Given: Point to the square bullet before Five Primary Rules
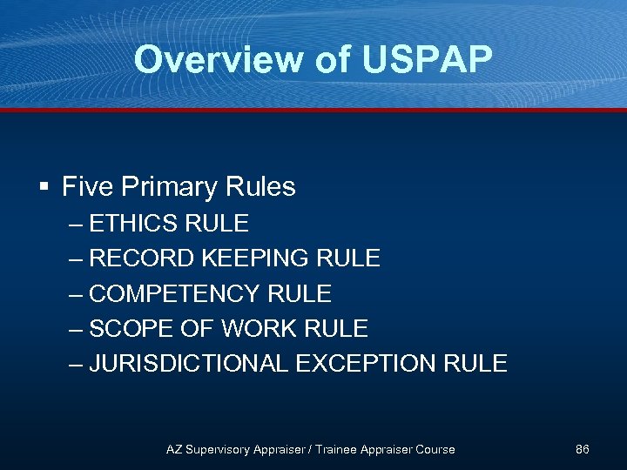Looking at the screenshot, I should [43, 187].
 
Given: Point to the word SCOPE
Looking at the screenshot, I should [130, 328].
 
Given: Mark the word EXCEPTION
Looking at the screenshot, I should [371, 363].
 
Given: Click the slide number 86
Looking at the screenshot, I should [583, 449].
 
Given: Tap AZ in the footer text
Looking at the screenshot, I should [174, 449].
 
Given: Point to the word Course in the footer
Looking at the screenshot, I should [435, 449].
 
